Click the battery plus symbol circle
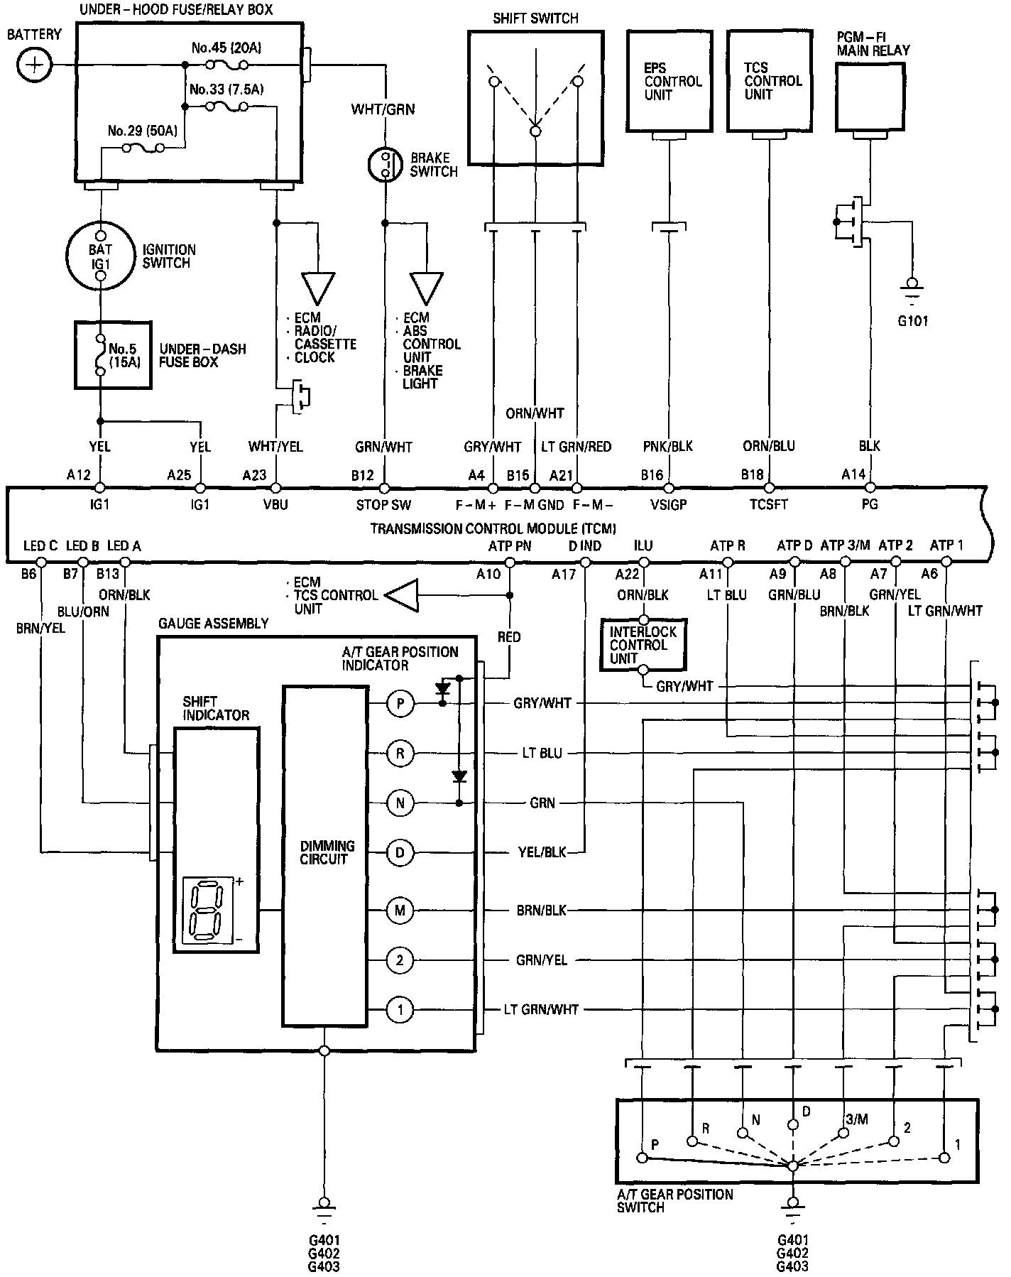[34, 65]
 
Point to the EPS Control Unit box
[670, 82]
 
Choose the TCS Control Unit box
[770, 82]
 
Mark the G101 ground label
[912, 320]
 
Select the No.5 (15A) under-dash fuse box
[114, 355]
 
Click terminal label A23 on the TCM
[254, 475]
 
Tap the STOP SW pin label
[383, 505]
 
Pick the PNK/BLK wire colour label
[669, 447]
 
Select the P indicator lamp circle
[400, 703]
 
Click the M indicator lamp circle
[400, 910]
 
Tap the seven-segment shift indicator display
[208, 910]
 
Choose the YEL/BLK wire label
[542, 852]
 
